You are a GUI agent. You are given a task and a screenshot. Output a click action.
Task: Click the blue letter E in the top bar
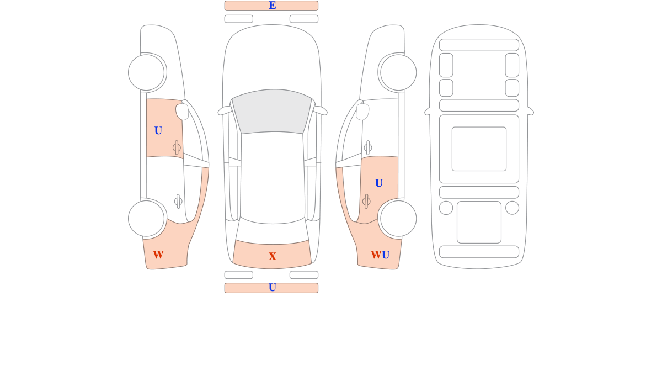point(272,6)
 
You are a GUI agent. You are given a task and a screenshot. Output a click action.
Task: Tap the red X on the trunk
point(272,256)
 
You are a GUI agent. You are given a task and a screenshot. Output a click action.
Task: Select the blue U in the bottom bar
point(272,288)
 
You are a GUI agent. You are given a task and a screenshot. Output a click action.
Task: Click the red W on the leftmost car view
point(158,255)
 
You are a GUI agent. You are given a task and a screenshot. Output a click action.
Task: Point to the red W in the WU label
point(376,255)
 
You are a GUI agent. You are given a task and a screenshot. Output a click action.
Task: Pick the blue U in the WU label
point(386,255)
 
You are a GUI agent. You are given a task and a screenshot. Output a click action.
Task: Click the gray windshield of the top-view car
point(272,112)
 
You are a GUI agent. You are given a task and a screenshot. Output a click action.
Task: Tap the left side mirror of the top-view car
point(225,110)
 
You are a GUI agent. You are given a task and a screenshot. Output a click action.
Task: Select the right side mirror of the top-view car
point(320,110)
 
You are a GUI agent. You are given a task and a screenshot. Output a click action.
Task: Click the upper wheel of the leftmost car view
point(146,72)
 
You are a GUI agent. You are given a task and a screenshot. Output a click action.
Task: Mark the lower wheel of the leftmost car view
point(146,219)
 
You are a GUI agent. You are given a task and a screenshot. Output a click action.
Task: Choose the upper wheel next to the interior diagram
point(398,72)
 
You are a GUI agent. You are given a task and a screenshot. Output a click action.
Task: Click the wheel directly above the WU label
point(398,219)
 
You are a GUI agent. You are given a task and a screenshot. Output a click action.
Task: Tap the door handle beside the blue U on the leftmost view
point(177,147)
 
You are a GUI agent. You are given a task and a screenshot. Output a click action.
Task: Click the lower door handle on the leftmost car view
point(178,202)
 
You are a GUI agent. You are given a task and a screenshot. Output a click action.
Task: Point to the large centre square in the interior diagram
point(479,149)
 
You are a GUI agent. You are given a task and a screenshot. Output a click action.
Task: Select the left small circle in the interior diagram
point(446,208)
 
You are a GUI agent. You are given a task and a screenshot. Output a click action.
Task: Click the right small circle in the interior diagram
point(512,208)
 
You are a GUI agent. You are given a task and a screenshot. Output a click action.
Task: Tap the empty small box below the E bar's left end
point(239,19)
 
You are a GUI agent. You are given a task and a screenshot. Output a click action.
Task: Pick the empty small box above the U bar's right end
point(304,275)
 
